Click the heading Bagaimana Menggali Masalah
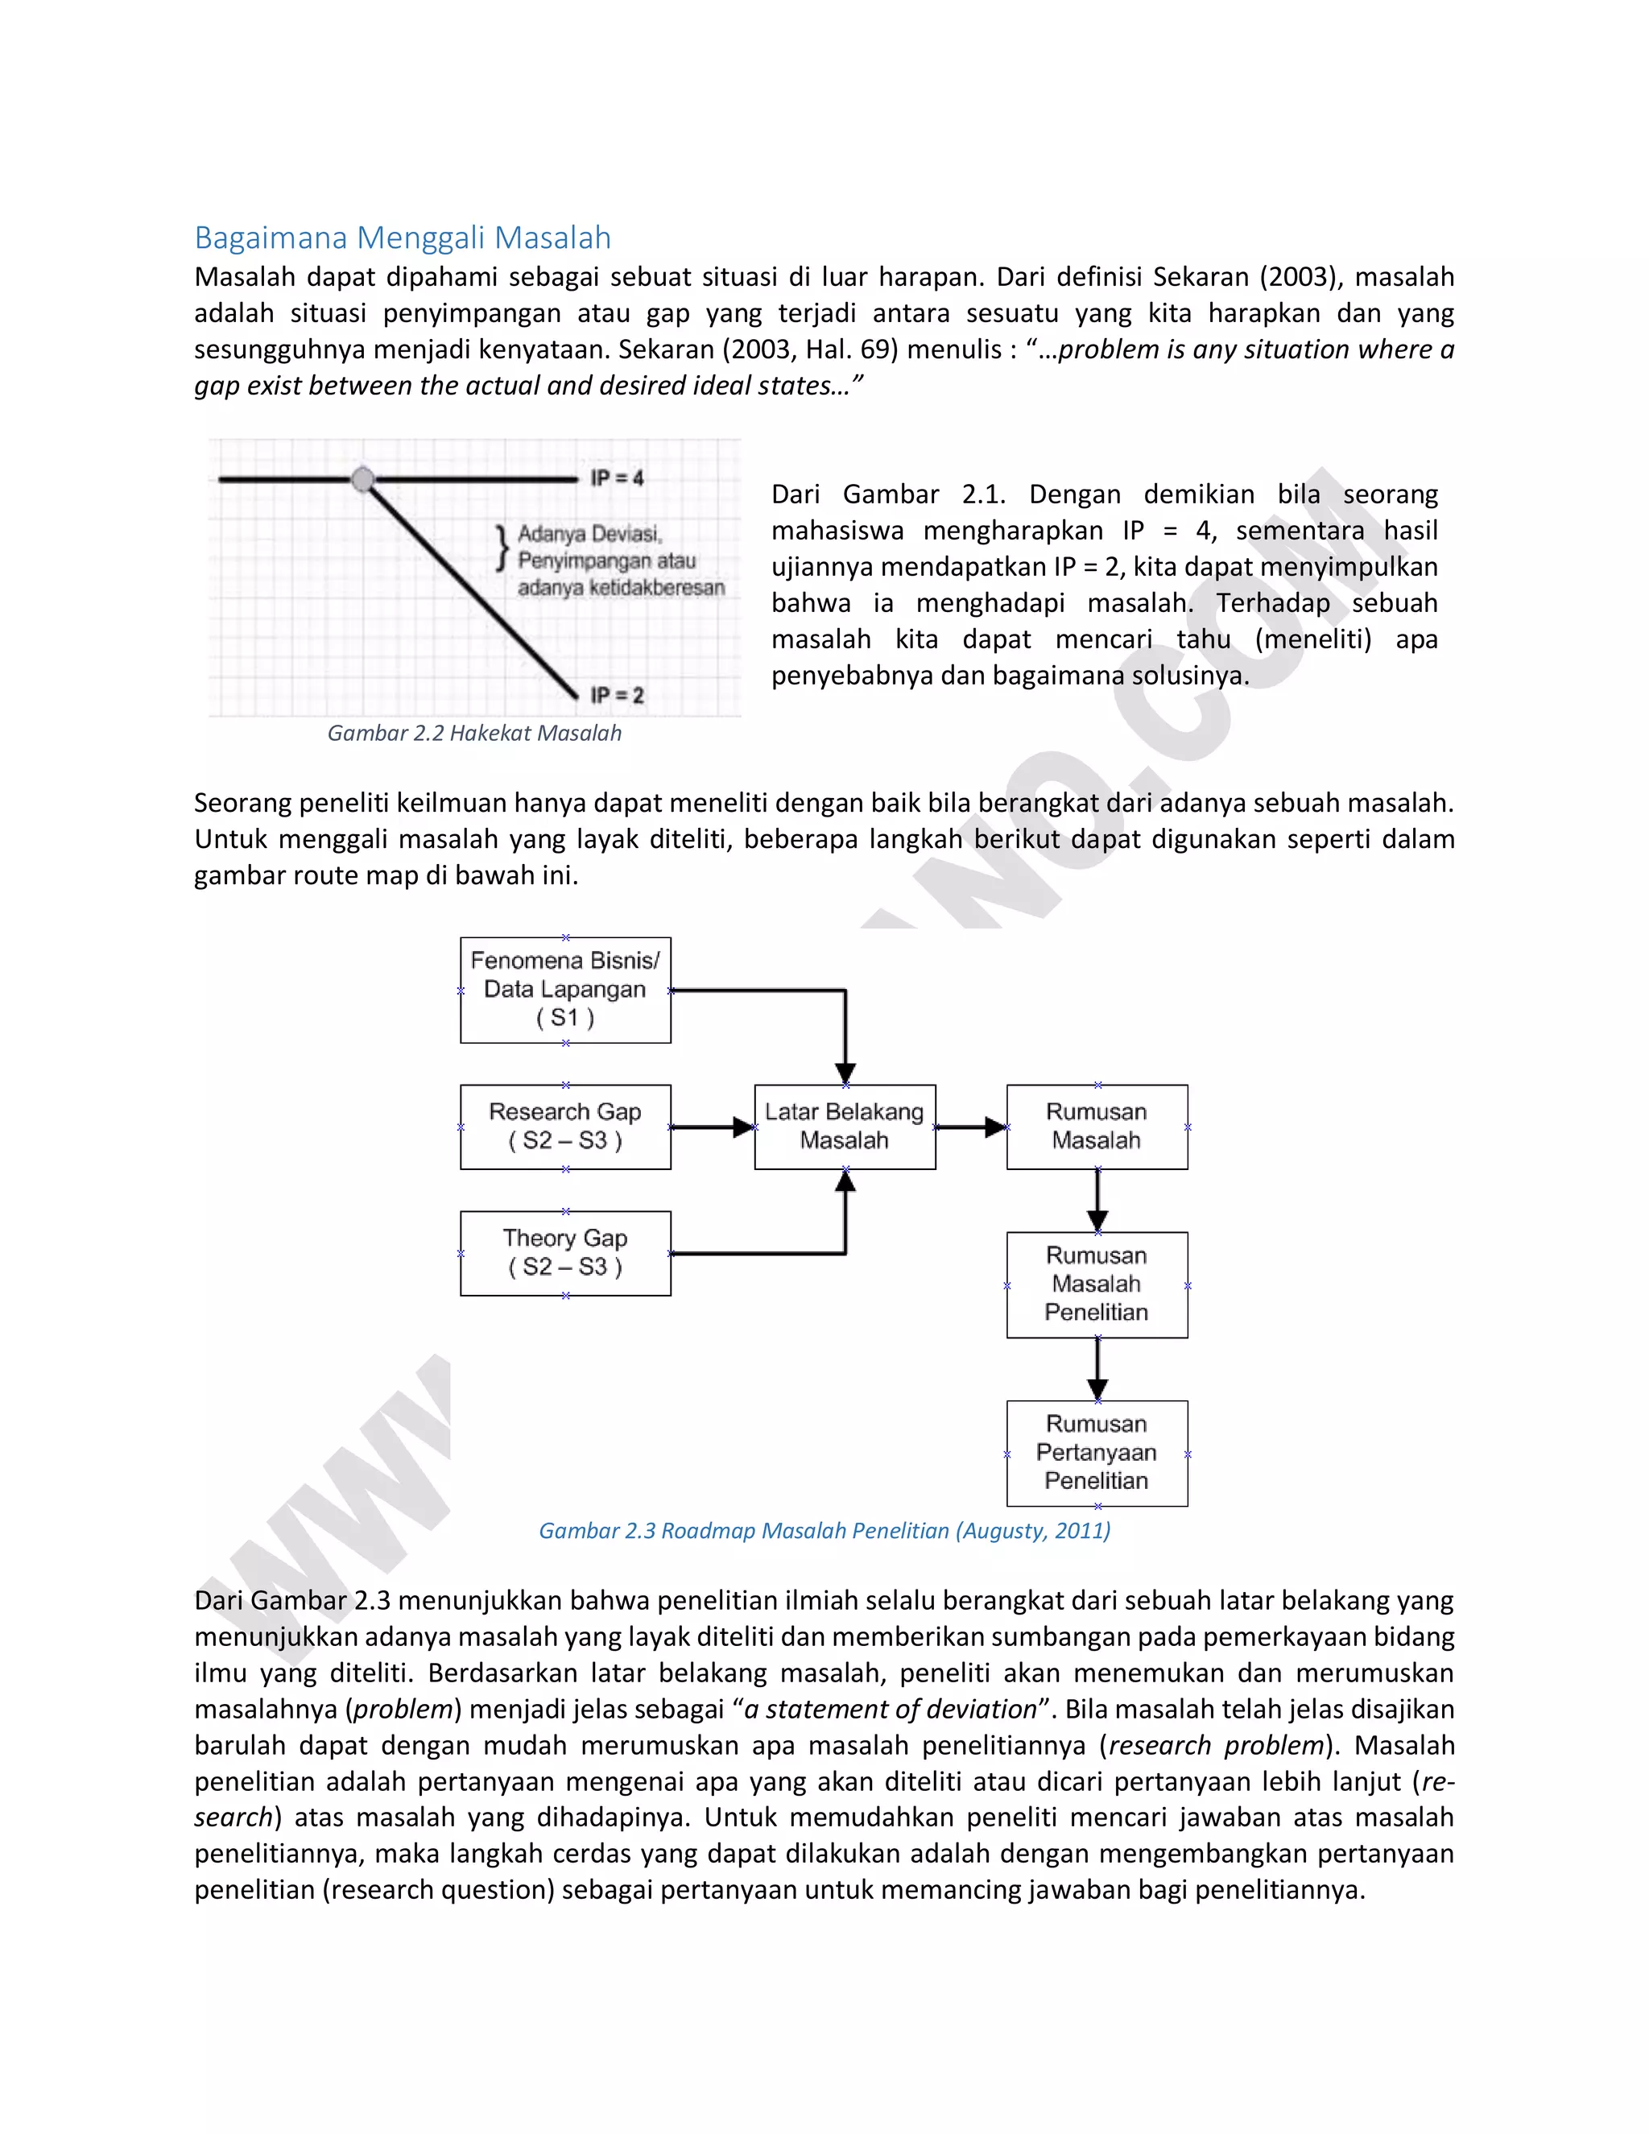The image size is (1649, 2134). coord(403,238)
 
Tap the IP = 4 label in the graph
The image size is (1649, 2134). coord(617,478)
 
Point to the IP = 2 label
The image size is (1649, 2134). coord(617,695)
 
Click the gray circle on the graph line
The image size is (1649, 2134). coord(362,479)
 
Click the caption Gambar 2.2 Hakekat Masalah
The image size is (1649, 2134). coord(473,733)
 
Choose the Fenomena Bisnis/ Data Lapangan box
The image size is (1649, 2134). coord(564,989)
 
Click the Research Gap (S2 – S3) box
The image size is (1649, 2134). coord(564,1126)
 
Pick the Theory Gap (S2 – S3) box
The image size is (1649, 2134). coord(564,1253)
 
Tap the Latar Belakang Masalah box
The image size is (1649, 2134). coord(844,1126)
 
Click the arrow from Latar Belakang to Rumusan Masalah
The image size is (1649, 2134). coord(971,1127)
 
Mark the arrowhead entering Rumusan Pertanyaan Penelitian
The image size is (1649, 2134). coord(1097,1388)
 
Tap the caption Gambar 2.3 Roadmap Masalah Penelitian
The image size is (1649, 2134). coord(824,1530)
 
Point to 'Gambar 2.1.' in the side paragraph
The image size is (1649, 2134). coord(924,494)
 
